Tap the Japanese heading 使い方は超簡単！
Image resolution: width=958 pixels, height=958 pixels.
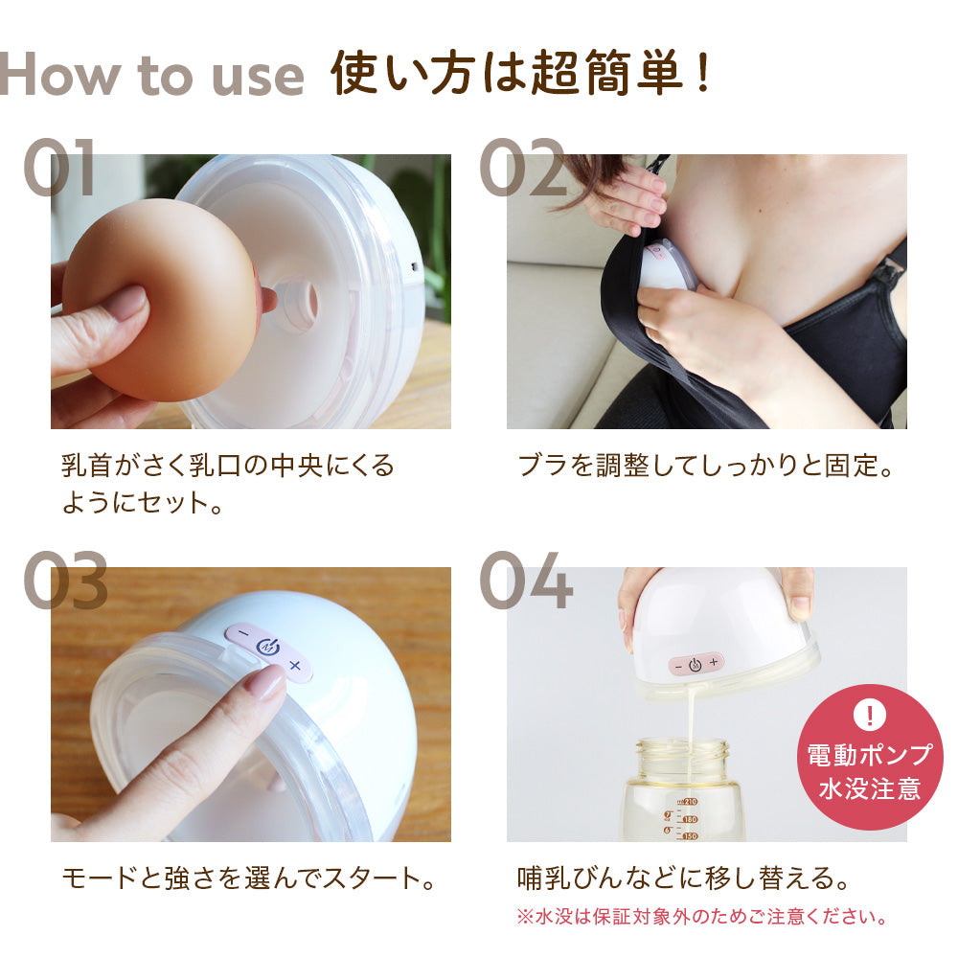coord(522,75)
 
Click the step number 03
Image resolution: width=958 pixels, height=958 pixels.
coord(65,582)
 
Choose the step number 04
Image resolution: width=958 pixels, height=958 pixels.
coord(525,582)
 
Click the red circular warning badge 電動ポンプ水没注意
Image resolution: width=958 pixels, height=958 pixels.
coord(870,757)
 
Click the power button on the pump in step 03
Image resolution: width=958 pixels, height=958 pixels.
coord(268,648)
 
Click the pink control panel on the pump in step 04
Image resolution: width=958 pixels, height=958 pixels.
coord(696,664)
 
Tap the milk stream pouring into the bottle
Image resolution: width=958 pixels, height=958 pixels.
coord(688,718)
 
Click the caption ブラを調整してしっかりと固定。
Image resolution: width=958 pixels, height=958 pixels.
coord(705,467)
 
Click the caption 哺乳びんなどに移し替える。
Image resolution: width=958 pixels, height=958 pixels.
coord(683,877)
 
